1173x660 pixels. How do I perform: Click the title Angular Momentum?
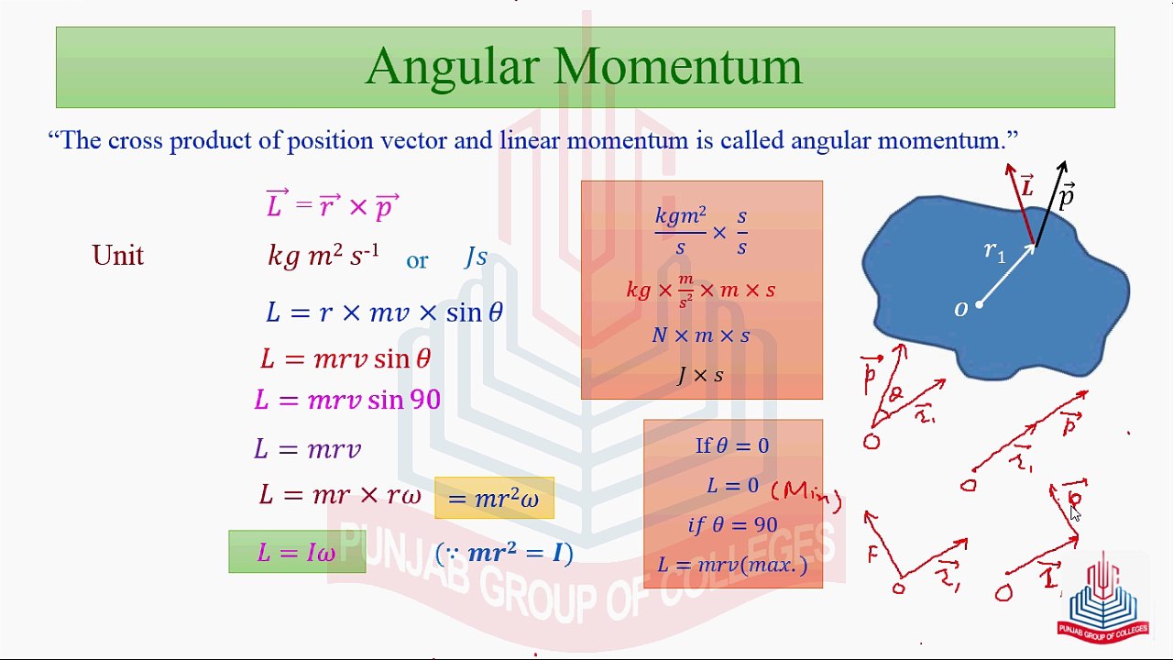pyautogui.click(x=584, y=66)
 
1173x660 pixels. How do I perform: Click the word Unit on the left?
pyautogui.click(x=117, y=256)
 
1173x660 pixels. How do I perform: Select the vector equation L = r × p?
pyautogui.click(x=333, y=205)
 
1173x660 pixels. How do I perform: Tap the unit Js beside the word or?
pyautogui.click(x=476, y=258)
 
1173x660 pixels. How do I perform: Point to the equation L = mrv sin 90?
pyautogui.click(x=347, y=401)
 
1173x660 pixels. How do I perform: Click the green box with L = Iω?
pyautogui.click(x=297, y=552)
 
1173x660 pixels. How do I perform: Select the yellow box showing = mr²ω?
pyautogui.click(x=494, y=499)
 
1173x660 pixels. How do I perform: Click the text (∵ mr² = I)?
pyautogui.click(x=504, y=553)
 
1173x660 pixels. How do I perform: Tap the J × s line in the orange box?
pyautogui.click(x=700, y=375)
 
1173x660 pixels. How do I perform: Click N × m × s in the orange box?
pyautogui.click(x=700, y=335)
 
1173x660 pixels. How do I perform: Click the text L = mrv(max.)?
pyautogui.click(x=732, y=565)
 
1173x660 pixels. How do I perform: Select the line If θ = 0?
pyautogui.click(x=731, y=446)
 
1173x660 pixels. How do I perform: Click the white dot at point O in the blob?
pyautogui.click(x=979, y=304)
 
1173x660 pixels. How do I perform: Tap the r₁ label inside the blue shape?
pyautogui.click(x=994, y=251)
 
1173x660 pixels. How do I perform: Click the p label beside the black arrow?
pyautogui.click(x=1066, y=196)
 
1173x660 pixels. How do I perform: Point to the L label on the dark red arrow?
pyautogui.click(x=1027, y=188)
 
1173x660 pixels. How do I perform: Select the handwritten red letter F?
pyautogui.click(x=872, y=553)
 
